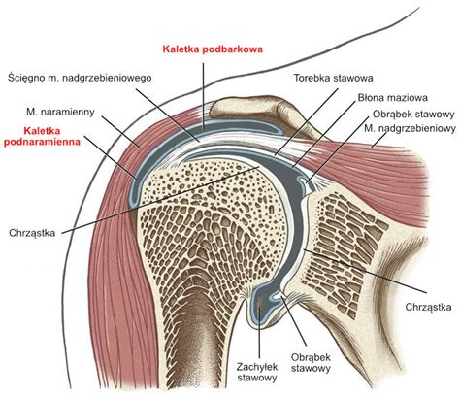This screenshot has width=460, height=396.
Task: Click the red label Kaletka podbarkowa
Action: pyautogui.click(x=213, y=49)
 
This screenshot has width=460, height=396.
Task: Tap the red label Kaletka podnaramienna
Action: pyautogui.click(x=42, y=136)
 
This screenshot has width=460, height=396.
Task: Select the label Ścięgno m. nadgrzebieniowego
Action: pyautogui.click(x=80, y=78)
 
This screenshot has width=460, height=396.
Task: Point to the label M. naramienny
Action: pyautogui.click(x=60, y=112)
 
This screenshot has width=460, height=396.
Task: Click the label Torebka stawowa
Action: pyautogui.click(x=333, y=78)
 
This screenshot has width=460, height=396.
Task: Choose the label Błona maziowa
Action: pyautogui.click(x=392, y=97)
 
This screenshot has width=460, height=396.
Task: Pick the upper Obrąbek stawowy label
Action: pyautogui.click(x=413, y=115)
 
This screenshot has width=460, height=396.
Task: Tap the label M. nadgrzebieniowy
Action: pyautogui.click(x=410, y=128)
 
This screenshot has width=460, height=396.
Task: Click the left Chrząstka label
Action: pyautogui.click(x=32, y=233)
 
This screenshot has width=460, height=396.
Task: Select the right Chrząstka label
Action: pyautogui.click(x=428, y=307)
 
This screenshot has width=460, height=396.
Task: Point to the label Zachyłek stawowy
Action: pyautogui.click(x=257, y=372)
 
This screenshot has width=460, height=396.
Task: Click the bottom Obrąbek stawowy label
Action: pyautogui.click(x=311, y=363)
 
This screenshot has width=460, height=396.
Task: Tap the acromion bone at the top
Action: pyautogui.click(x=255, y=109)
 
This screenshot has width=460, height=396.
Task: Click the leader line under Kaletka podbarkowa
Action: pyautogui.click(x=203, y=96)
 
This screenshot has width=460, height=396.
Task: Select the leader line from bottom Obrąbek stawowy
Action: pyautogui.click(x=294, y=320)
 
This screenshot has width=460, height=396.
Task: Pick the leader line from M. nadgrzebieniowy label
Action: pyautogui.click(x=379, y=140)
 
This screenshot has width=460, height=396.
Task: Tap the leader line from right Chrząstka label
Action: pyautogui.click(x=365, y=271)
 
